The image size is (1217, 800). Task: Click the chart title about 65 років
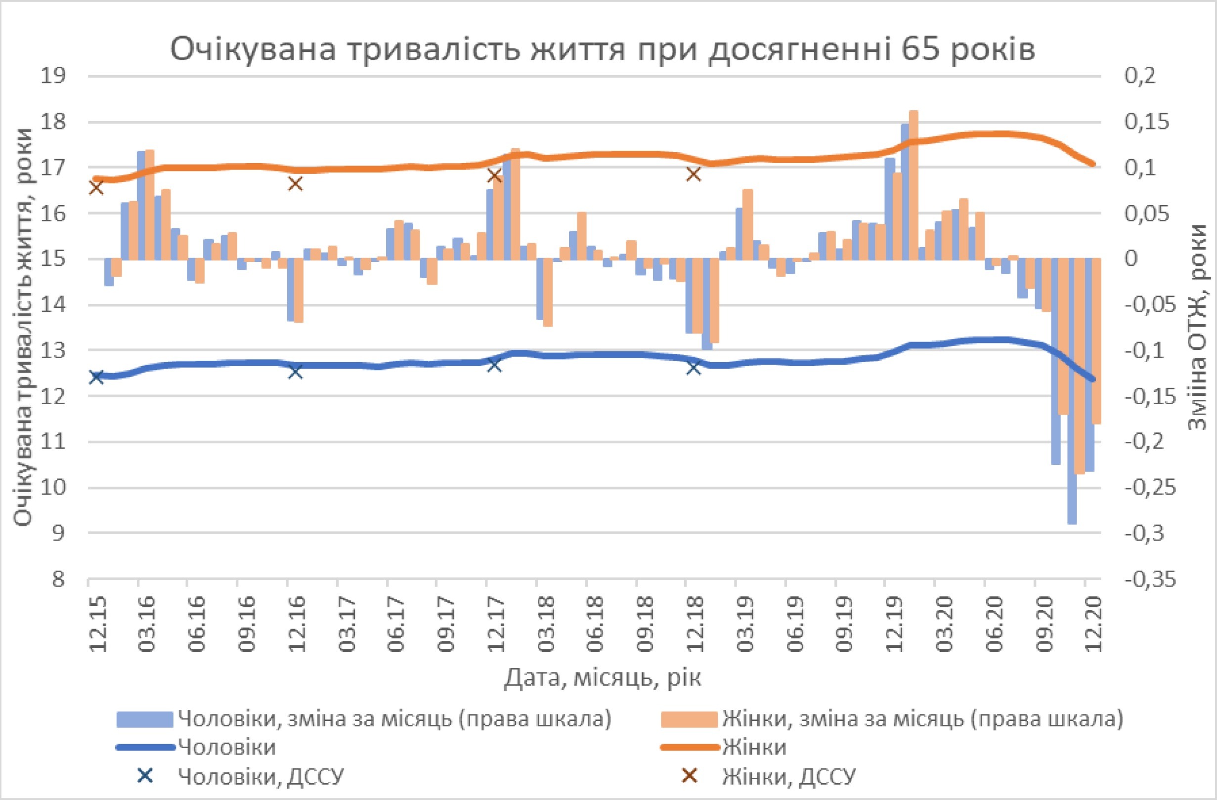click(603, 49)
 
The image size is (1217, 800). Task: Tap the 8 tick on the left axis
click(58, 579)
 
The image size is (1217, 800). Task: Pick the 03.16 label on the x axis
click(147, 625)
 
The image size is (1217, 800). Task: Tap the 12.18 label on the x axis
click(695, 625)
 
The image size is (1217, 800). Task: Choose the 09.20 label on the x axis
click(1043, 625)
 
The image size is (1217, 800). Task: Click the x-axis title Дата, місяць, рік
click(603, 678)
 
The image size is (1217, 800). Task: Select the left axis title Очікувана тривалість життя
click(23, 327)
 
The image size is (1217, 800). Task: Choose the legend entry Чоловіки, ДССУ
click(261, 777)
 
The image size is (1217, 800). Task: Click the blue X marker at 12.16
click(296, 372)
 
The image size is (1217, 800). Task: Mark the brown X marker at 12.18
click(694, 175)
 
